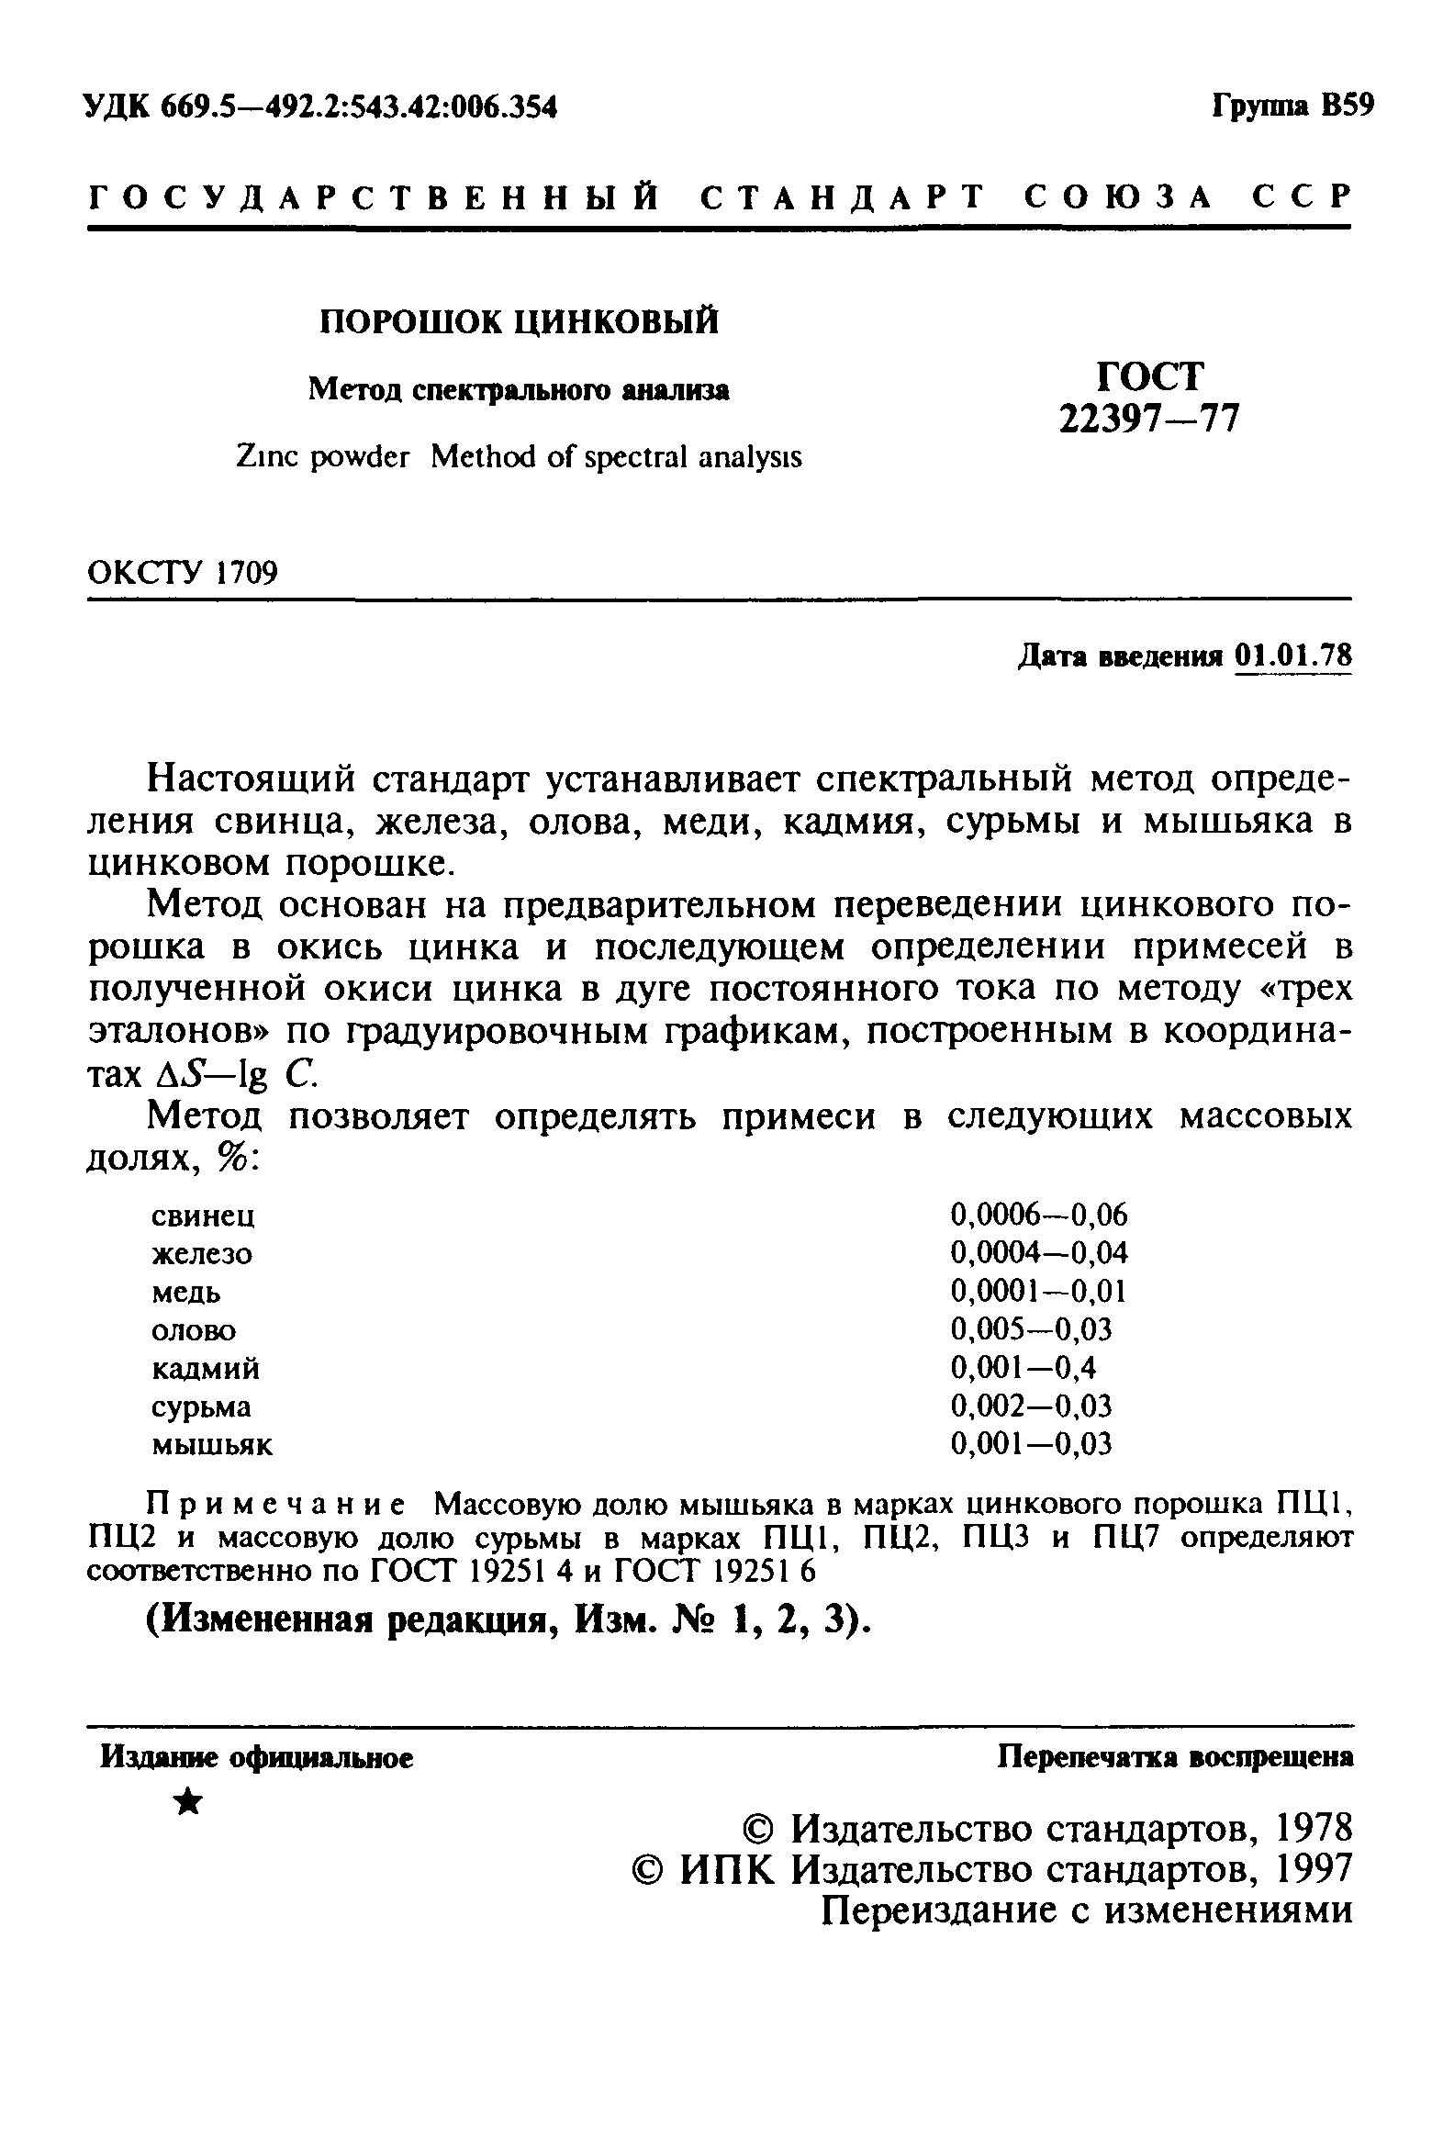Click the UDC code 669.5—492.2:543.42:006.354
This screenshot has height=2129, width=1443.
(358, 108)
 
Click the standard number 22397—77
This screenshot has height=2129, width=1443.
(1148, 419)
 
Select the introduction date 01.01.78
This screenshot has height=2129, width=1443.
(1294, 656)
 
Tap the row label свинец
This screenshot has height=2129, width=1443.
(203, 1216)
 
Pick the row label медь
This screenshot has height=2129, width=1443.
(186, 1293)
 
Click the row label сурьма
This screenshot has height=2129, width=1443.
(201, 1406)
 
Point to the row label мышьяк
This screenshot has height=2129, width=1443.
(212, 1445)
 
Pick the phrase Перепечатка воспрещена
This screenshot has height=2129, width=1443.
(1175, 1757)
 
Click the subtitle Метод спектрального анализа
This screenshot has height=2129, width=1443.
(519, 390)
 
